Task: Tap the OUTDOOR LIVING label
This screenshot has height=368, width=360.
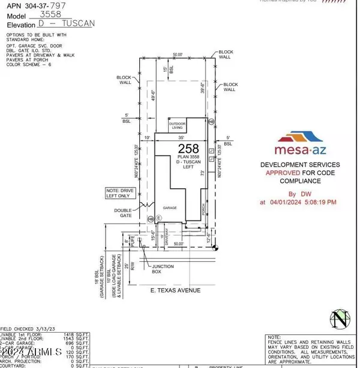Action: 178,126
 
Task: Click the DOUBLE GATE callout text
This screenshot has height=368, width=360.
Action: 124,213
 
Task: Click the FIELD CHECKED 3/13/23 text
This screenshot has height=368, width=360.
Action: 29,329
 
